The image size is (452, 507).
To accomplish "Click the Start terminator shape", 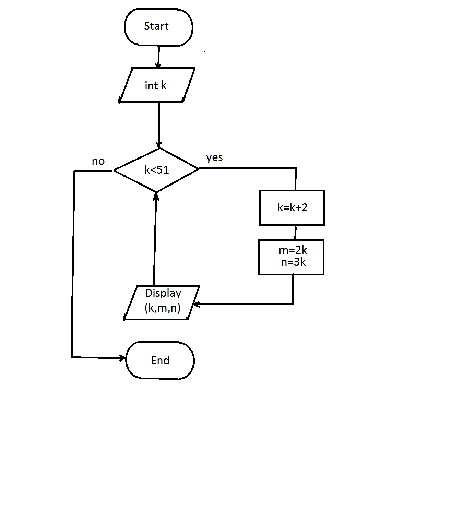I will [158, 27].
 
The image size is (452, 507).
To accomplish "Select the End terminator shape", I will [160, 360].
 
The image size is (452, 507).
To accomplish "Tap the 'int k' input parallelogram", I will [157, 85].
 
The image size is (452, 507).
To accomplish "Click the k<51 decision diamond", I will [156, 170].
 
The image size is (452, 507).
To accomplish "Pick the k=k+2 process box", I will [292, 207].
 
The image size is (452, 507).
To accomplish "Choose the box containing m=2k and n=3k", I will [292, 257].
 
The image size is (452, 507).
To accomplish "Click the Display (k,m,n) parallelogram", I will [162, 302].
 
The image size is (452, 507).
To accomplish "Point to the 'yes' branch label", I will [214, 158].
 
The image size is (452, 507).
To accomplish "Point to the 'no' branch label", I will [98, 161].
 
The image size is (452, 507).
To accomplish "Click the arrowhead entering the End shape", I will [123, 358].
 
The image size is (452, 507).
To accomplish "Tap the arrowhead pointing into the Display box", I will [196, 304].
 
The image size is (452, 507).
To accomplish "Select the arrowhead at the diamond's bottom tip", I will [156, 196].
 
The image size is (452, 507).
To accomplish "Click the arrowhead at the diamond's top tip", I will [159, 145].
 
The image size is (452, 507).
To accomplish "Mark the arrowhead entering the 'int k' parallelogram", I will [158, 65].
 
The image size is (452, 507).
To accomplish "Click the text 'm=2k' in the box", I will [293, 250].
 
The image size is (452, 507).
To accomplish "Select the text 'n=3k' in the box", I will [293, 262].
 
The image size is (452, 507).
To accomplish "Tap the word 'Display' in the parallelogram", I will [163, 293].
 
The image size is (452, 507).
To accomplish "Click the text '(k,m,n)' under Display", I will [163, 307].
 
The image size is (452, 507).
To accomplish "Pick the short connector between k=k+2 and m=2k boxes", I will [295, 232].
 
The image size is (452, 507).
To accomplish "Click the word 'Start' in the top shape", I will [156, 26].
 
